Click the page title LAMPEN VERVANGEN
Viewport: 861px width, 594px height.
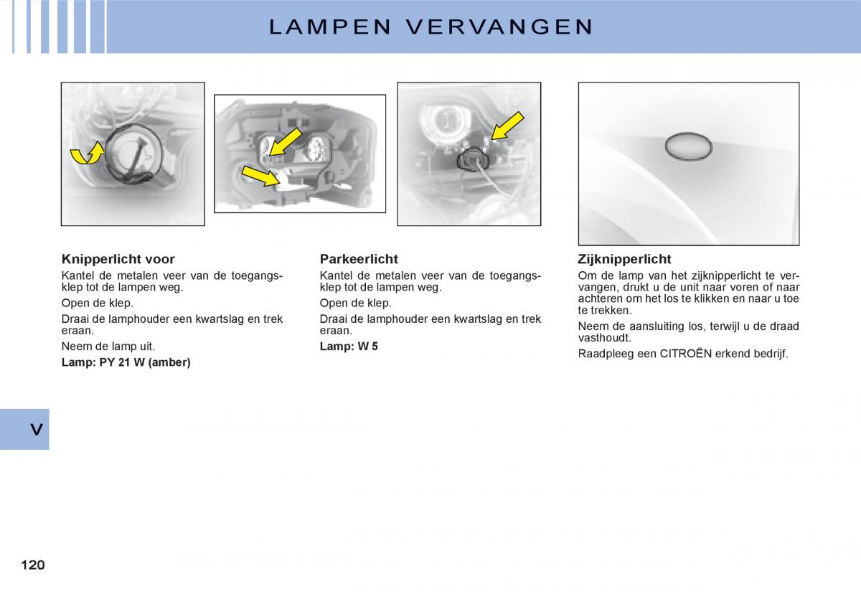click(x=431, y=27)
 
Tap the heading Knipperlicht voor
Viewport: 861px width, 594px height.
click(x=118, y=259)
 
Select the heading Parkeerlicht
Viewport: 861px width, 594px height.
click(x=358, y=259)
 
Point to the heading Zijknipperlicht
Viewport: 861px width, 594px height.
click(x=624, y=259)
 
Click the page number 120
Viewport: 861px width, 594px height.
click(x=33, y=565)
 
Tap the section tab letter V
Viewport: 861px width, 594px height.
click(x=36, y=430)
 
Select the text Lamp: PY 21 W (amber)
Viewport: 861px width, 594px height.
click(x=126, y=362)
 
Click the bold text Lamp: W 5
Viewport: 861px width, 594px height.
click(x=349, y=346)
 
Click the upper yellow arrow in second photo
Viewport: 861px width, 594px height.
click(x=285, y=141)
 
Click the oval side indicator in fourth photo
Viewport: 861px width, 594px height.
click(x=688, y=146)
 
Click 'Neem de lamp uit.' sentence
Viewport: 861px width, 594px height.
click(x=108, y=346)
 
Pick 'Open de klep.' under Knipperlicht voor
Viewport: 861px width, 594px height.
click(x=97, y=303)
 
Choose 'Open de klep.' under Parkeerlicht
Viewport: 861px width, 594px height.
click(x=355, y=303)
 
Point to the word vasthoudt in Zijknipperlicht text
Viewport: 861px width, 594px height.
click(x=604, y=338)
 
